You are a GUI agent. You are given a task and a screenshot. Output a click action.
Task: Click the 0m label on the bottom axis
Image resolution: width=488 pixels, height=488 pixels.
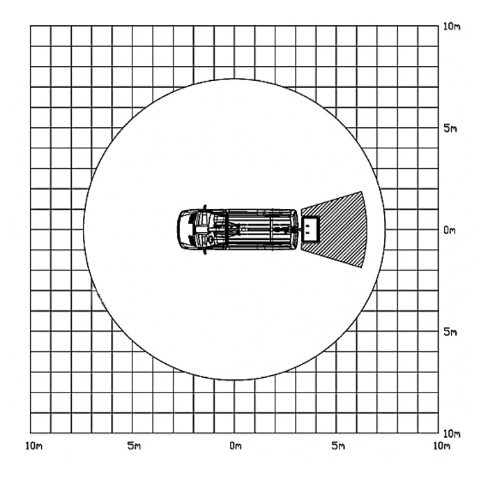coord(236,446)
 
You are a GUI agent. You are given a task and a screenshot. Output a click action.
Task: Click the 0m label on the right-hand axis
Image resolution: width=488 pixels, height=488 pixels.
coord(450,230)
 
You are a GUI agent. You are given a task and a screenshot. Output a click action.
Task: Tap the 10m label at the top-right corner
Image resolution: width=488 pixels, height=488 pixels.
coord(452,26)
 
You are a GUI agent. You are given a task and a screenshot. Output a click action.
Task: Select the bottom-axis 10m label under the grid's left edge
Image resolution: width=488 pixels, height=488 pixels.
coord(33,446)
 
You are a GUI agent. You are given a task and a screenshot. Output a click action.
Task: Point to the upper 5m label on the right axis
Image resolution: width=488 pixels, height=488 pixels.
coord(450,128)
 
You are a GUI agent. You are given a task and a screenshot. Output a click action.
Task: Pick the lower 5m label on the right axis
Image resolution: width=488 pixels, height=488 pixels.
coord(450,332)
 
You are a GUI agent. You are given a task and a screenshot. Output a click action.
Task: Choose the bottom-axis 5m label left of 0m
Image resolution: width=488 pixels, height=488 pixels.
coord(134,446)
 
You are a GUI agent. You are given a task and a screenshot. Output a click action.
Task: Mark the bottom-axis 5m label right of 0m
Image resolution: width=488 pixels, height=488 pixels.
coord(338,446)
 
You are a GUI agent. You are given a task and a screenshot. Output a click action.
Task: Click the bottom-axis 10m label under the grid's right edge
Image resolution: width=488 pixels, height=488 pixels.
coord(442,446)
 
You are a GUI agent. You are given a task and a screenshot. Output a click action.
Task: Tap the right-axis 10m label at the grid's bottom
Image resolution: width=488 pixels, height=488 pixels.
coord(452,434)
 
